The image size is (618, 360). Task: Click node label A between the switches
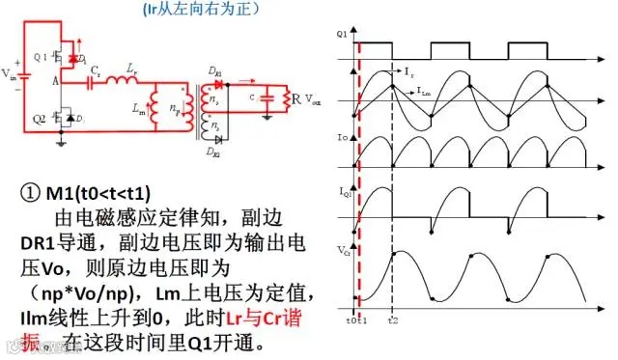click(x=59, y=82)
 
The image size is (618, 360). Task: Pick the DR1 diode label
click(x=214, y=70)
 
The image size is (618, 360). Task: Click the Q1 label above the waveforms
click(x=341, y=33)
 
